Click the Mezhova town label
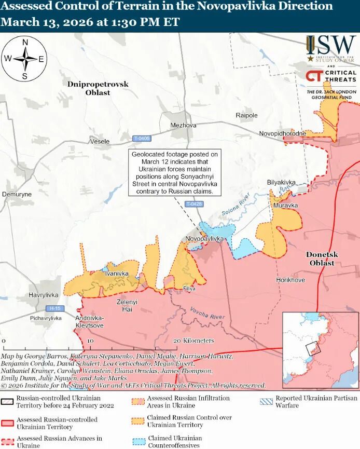pos(184,125)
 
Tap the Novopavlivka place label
pos(204,238)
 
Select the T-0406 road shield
pos(141,139)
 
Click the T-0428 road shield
pos(193,204)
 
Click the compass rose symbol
pos(24,59)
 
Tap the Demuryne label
pos(17,194)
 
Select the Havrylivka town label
pos(44,295)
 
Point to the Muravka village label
pos(286,206)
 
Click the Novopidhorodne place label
pos(283,133)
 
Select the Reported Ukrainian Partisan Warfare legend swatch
pos(267,401)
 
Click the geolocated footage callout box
pos(175,173)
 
